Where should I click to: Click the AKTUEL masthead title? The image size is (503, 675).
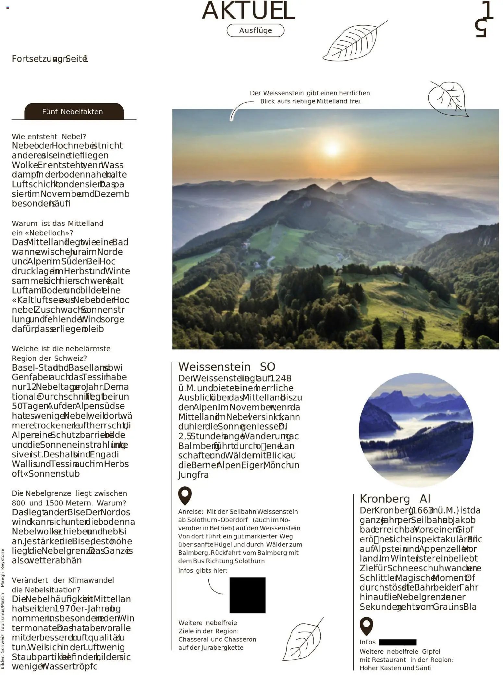point(248,10)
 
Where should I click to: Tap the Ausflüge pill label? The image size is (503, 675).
point(255,31)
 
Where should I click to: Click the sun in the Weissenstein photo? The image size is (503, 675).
point(332,148)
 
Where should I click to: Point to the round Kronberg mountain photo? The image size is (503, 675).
point(416,430)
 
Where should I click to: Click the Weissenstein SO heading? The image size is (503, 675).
point(227,367)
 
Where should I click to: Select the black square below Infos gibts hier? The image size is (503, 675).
point(247,595)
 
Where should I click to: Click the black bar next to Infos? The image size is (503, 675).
point(397,642)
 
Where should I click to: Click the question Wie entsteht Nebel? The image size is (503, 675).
point(49,137)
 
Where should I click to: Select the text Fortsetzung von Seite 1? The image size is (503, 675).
point(50,59)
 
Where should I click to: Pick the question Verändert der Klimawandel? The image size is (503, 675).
point(63,580)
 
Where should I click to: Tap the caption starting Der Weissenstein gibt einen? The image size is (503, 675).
point(310,97)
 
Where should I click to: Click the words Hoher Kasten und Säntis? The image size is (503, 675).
point(395,668)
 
